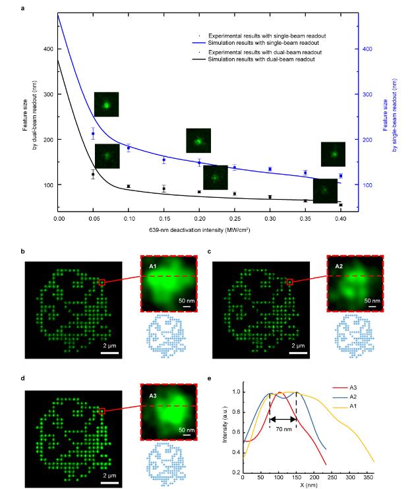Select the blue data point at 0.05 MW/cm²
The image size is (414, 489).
93,134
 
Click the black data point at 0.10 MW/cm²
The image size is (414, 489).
129,187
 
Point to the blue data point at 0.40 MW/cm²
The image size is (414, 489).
340,176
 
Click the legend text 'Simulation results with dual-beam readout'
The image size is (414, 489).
260,59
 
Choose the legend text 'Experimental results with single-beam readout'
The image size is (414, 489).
268,34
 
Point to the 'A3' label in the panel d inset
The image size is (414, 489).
153,395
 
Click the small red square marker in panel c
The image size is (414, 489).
289,282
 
